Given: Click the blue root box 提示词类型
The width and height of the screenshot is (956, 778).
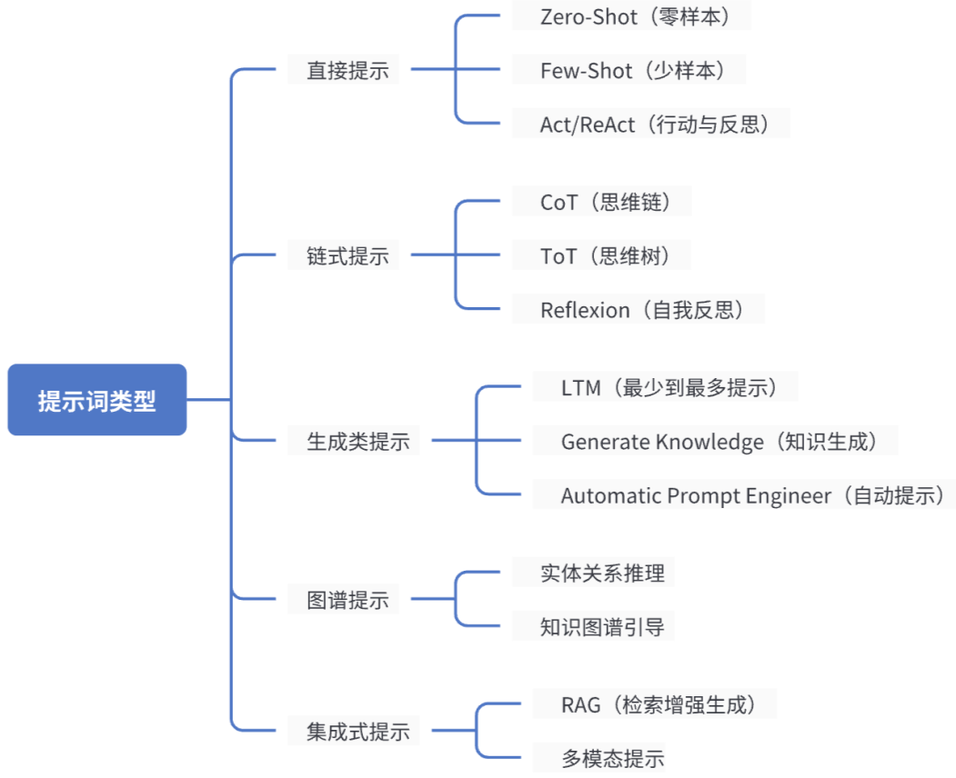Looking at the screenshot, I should (96, 400).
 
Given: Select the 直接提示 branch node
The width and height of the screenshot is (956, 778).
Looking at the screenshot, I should (347, 71).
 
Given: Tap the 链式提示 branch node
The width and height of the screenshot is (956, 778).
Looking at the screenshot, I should (347, 256).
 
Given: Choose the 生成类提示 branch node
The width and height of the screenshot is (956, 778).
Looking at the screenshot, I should (357, 442).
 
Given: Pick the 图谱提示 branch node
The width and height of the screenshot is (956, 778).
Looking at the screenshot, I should (347, 600).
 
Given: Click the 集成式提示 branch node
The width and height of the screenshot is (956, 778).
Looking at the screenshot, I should (357, 731).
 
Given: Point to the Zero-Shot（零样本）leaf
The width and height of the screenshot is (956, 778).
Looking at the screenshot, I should (632, 16).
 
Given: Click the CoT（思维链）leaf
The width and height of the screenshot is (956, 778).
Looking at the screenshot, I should (605, 202).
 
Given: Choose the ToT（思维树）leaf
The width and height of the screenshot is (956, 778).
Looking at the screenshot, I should (605, 256).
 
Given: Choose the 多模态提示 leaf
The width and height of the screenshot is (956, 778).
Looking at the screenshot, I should (612, 758).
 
